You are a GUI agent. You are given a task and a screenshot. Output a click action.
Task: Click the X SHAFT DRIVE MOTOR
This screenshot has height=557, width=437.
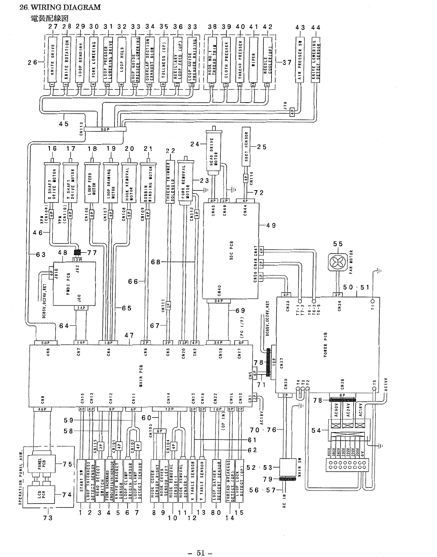[52, 186]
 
